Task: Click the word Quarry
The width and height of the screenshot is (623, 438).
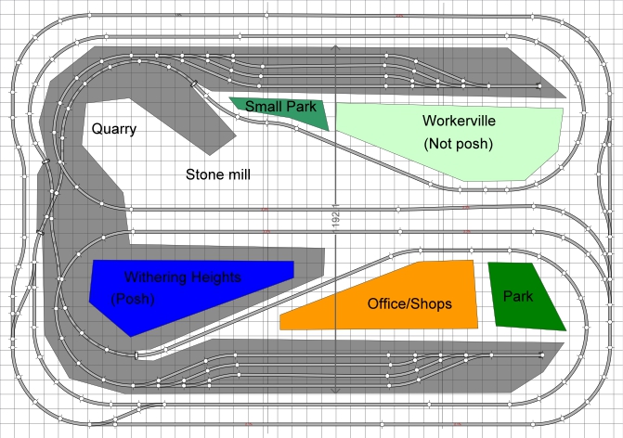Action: [x=114, y=129]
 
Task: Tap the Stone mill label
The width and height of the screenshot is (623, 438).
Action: [x=218, y=174]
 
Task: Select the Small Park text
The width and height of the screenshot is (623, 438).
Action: [x=281, y=107]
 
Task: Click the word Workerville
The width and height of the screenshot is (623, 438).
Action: [x=459, y=121]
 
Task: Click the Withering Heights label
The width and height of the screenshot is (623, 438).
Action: [x=183, y=277]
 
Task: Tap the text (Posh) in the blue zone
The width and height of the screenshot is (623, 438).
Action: [x=132, y=300]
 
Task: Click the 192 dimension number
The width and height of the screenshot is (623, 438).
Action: [x=335, y=217]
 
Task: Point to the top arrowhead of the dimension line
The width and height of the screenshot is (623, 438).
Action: [x=334, y=47]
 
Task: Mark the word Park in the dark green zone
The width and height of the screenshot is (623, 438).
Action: [x=518, y=297]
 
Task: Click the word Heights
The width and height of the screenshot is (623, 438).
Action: [x=216, y=277]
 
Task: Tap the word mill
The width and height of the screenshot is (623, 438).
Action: [x=237, y=174]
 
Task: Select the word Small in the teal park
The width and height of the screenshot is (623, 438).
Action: [x=263, y=107]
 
